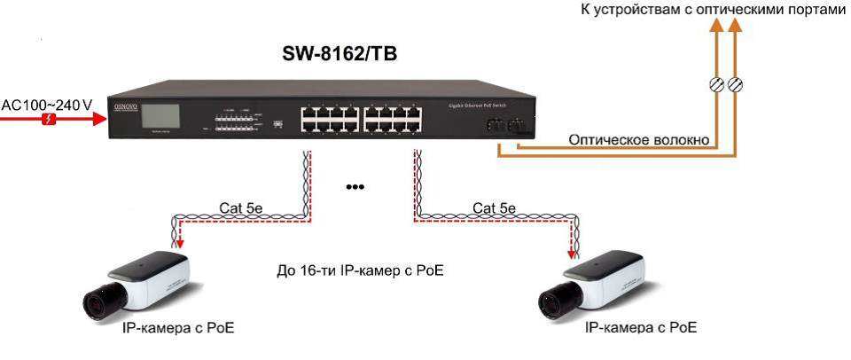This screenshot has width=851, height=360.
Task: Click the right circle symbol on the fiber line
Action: coord(735,85)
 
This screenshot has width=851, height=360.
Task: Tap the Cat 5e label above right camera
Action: coord(495,208)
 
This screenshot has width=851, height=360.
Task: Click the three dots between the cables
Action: coord(355,187)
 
